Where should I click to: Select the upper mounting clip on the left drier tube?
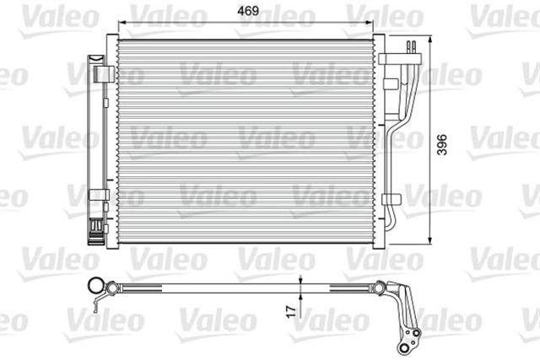(x=103, y=74)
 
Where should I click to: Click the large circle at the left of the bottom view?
(x=98, y=286)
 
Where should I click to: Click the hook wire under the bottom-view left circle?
(x=104, y=301)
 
